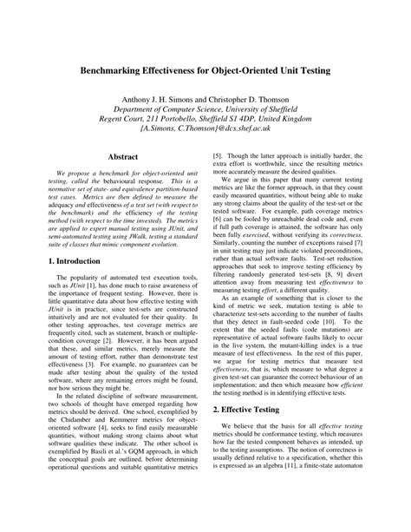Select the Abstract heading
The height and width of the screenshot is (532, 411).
click(125, 156)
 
